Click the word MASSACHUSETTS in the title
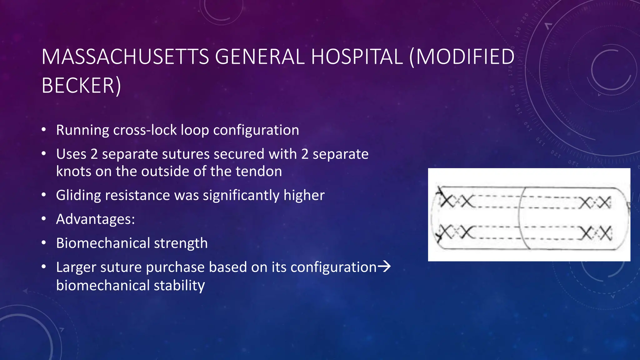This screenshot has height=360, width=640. tap(125, 57)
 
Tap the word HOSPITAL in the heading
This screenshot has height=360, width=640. tap(357, 57)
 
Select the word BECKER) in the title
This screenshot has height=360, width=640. tap(81, 86)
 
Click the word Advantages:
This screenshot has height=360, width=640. tap(95, 219)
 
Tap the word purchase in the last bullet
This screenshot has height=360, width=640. tap(175, 267)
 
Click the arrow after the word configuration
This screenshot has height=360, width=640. tap(384, 267)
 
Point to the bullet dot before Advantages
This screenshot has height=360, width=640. tap(44, 219)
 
